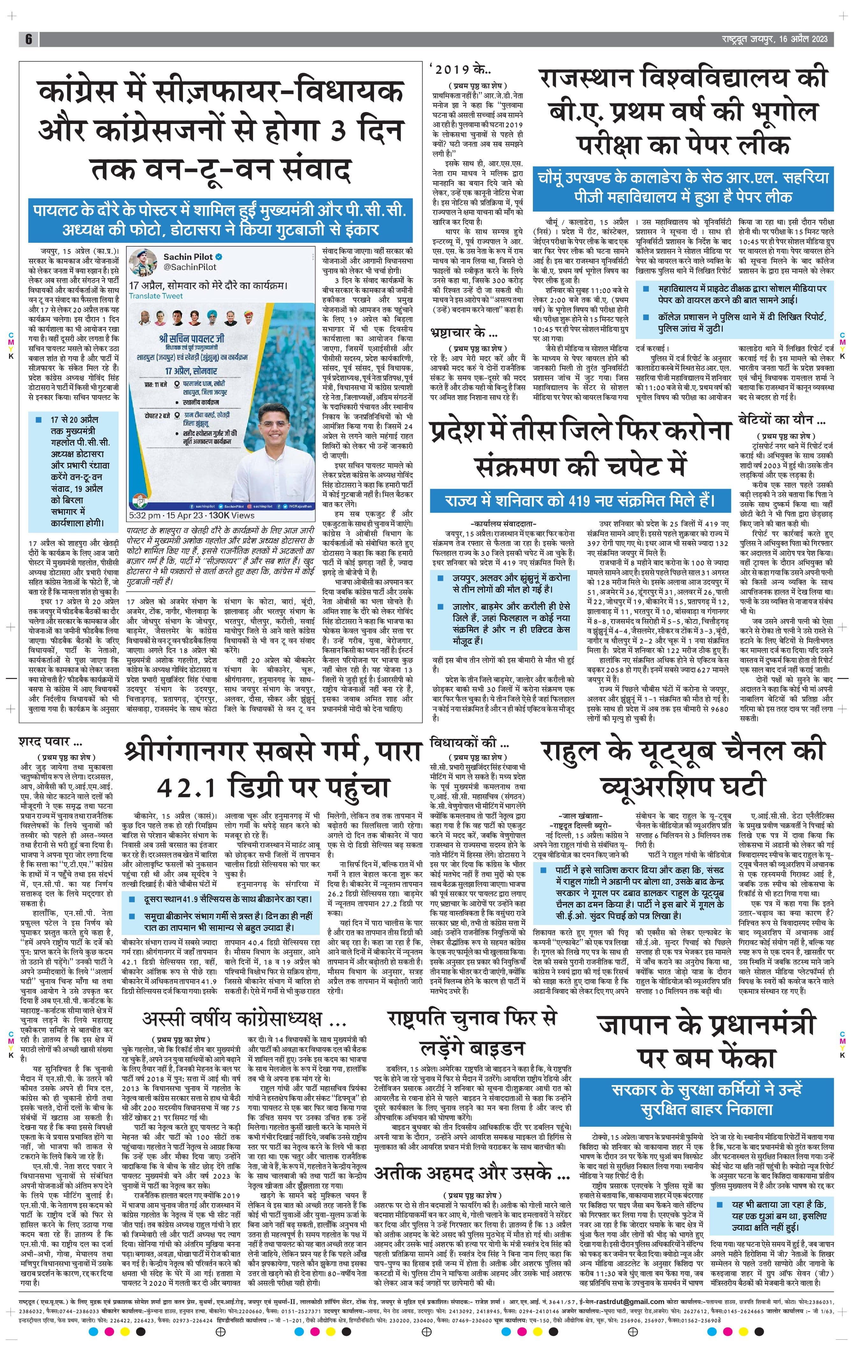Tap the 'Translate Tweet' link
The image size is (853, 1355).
[155, 295]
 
